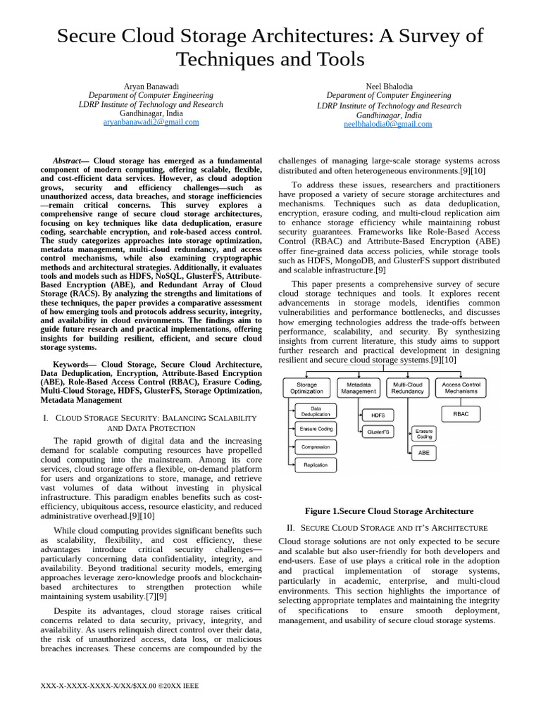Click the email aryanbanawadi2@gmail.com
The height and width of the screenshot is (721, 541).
tap(151, 122)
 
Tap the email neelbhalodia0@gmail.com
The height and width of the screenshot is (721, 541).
tap(387, 125)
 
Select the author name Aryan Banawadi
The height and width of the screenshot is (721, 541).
tap(151, 86)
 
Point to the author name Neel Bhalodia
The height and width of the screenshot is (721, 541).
tap(389, 86)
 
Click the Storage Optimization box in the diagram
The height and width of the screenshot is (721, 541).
tap(306, 388)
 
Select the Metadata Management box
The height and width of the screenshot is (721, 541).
tap(358, 388)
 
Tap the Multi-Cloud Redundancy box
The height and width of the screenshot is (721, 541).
tap(408, 388)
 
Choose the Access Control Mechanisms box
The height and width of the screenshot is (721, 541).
tap(461, 388)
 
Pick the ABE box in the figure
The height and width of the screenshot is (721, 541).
tap(423, 453)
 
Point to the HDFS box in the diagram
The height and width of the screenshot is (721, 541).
tap(378, 415)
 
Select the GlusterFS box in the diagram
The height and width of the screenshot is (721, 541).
tap(378, 432)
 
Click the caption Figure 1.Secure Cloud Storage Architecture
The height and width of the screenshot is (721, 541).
tap(389, 511)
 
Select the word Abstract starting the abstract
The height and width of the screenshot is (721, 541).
tap(67, 161)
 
